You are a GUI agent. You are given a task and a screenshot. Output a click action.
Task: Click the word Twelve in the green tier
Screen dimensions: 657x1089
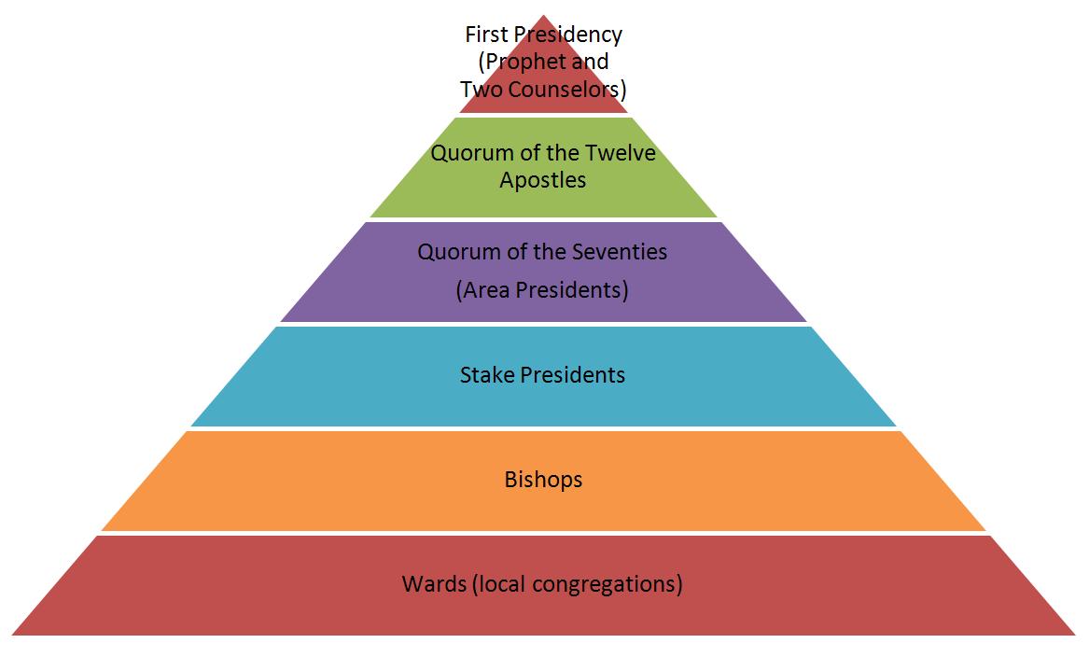coord(621,153)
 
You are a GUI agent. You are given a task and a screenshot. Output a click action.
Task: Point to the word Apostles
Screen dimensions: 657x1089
coord(543,180)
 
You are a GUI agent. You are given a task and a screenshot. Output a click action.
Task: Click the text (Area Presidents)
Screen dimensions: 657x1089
coord(542,290)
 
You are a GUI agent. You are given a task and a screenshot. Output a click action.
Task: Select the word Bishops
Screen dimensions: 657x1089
coord(543,480)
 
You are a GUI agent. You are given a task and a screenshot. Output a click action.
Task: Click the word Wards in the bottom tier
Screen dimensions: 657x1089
coord(434,584)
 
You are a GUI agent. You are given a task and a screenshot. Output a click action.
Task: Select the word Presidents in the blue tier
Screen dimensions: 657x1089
coord(572,375)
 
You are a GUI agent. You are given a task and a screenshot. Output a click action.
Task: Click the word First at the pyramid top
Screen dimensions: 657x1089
coord(485,35)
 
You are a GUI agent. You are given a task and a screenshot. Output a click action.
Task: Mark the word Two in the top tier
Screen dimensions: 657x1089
coord(478,90)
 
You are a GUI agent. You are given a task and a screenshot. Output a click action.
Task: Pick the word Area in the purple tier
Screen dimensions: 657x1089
coord(483,290)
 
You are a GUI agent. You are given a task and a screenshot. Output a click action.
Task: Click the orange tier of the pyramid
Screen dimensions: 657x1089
coord(280,481)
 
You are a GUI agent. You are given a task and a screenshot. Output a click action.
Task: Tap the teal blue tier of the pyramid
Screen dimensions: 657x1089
coord(327,376)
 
